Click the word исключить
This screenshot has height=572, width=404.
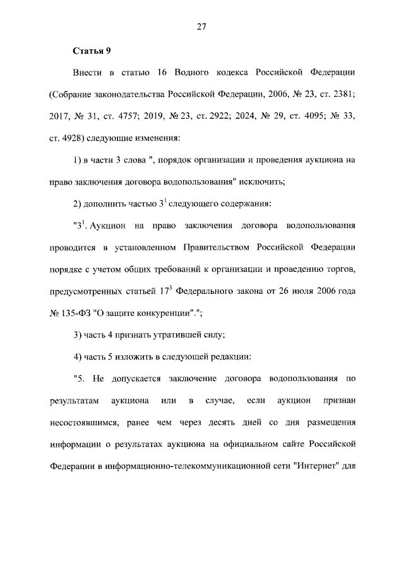click(262, 181)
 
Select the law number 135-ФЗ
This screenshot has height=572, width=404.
click(81, 312)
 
